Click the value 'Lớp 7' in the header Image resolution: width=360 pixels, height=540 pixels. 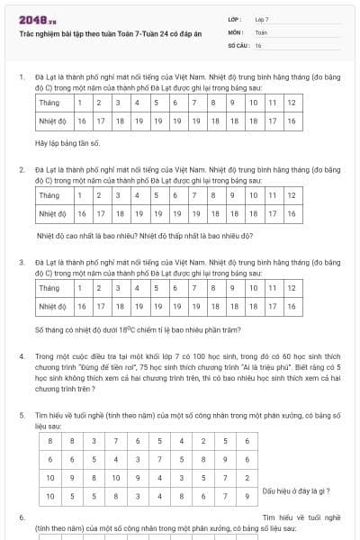click(262, 18)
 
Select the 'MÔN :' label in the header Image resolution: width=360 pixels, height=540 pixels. click(237, 31)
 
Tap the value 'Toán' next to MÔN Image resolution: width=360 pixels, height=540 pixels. click(261, 31)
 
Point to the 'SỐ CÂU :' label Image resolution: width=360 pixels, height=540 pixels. click(239, 44)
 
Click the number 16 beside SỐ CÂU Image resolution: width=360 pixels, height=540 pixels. click(258, 44)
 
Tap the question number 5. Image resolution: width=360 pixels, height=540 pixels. click(22, 413)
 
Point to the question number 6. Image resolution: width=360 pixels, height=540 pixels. click(22, 517)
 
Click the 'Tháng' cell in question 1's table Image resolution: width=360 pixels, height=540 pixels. click(49, 103)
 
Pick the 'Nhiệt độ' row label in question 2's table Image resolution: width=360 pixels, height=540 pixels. click(53, 213)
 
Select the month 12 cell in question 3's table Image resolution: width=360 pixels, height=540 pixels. click(291, 288)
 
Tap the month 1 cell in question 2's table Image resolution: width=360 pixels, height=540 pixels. click(82, 195)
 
